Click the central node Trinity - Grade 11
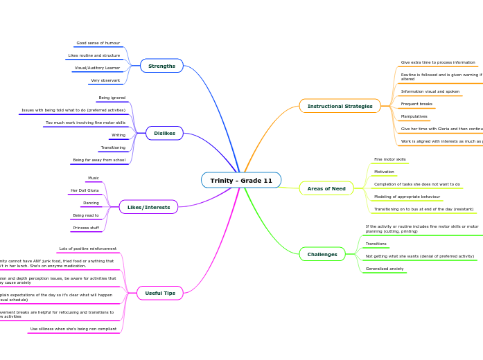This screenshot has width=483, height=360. coord(241,181)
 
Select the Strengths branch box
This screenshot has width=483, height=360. coord(161,66)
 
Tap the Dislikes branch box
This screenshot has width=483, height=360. coord(164,133)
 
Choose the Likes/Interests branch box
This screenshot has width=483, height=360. coord(148,207)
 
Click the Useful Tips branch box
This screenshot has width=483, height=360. coord(160,293)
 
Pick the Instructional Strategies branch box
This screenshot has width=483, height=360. coord(340,106)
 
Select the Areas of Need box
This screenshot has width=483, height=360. coord(326,188)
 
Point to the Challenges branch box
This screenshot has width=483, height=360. coord(322,254)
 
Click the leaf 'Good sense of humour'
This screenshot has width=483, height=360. coord(98,43)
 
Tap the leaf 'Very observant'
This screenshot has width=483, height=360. coord(105,80)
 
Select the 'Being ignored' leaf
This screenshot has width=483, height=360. coord(112,98)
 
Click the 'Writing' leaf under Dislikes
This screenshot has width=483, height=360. coord(118,135)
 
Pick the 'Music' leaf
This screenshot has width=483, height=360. coord(93,178)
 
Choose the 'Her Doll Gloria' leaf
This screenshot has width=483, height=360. coord(85,190)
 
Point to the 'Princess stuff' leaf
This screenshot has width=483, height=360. coord(86,228)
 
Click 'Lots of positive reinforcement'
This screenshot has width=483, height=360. coord(87,248)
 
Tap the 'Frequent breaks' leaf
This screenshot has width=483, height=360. coord(416,104)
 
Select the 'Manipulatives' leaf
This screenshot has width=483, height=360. coord(414,116)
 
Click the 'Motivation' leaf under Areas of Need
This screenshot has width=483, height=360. coord(384,172)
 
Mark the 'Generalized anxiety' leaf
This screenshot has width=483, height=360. coord(384,269)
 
